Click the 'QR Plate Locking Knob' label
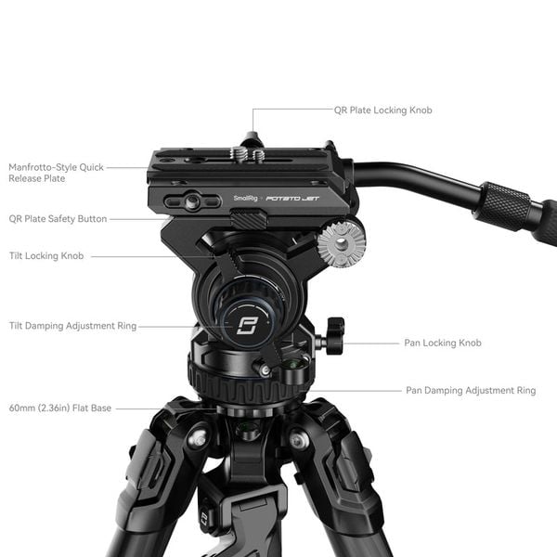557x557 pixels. [382, 110]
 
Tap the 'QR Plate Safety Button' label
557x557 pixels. [58, 219]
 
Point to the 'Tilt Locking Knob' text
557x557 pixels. [46, 255]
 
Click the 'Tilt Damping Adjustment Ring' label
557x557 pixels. [72, 326]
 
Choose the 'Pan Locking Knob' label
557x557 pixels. [443, 343]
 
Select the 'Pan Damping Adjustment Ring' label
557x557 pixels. [471, 391]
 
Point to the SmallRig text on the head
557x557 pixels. [245, 198]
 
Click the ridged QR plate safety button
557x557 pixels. [246, 219]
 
